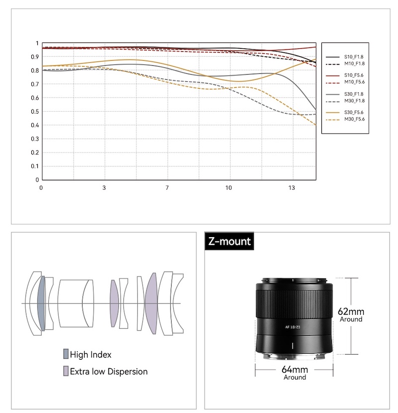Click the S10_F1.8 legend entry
coord(345,57)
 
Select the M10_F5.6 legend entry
coord(345,82)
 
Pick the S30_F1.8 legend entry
coord(345,94)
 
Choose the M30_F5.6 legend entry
coord(345,119)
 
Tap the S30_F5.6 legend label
coord(354,113)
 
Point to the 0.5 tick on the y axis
coord(35,112)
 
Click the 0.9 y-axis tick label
coord(35,57)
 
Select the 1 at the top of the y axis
coord(37,43)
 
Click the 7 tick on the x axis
coord(167,188)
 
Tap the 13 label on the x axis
coord(292,188)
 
